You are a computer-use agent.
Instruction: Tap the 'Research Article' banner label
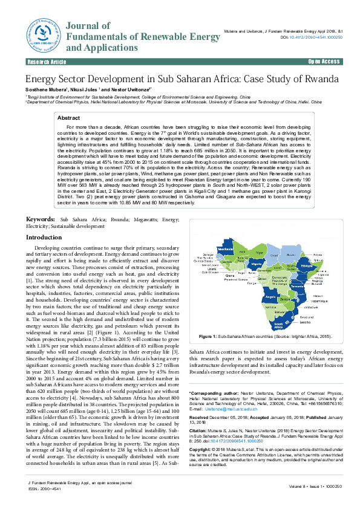[47, 62]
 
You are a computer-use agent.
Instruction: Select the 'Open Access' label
[324, 62]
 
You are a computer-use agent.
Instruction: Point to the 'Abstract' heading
[68, 118]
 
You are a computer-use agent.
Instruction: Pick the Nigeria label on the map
[257, 264]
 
